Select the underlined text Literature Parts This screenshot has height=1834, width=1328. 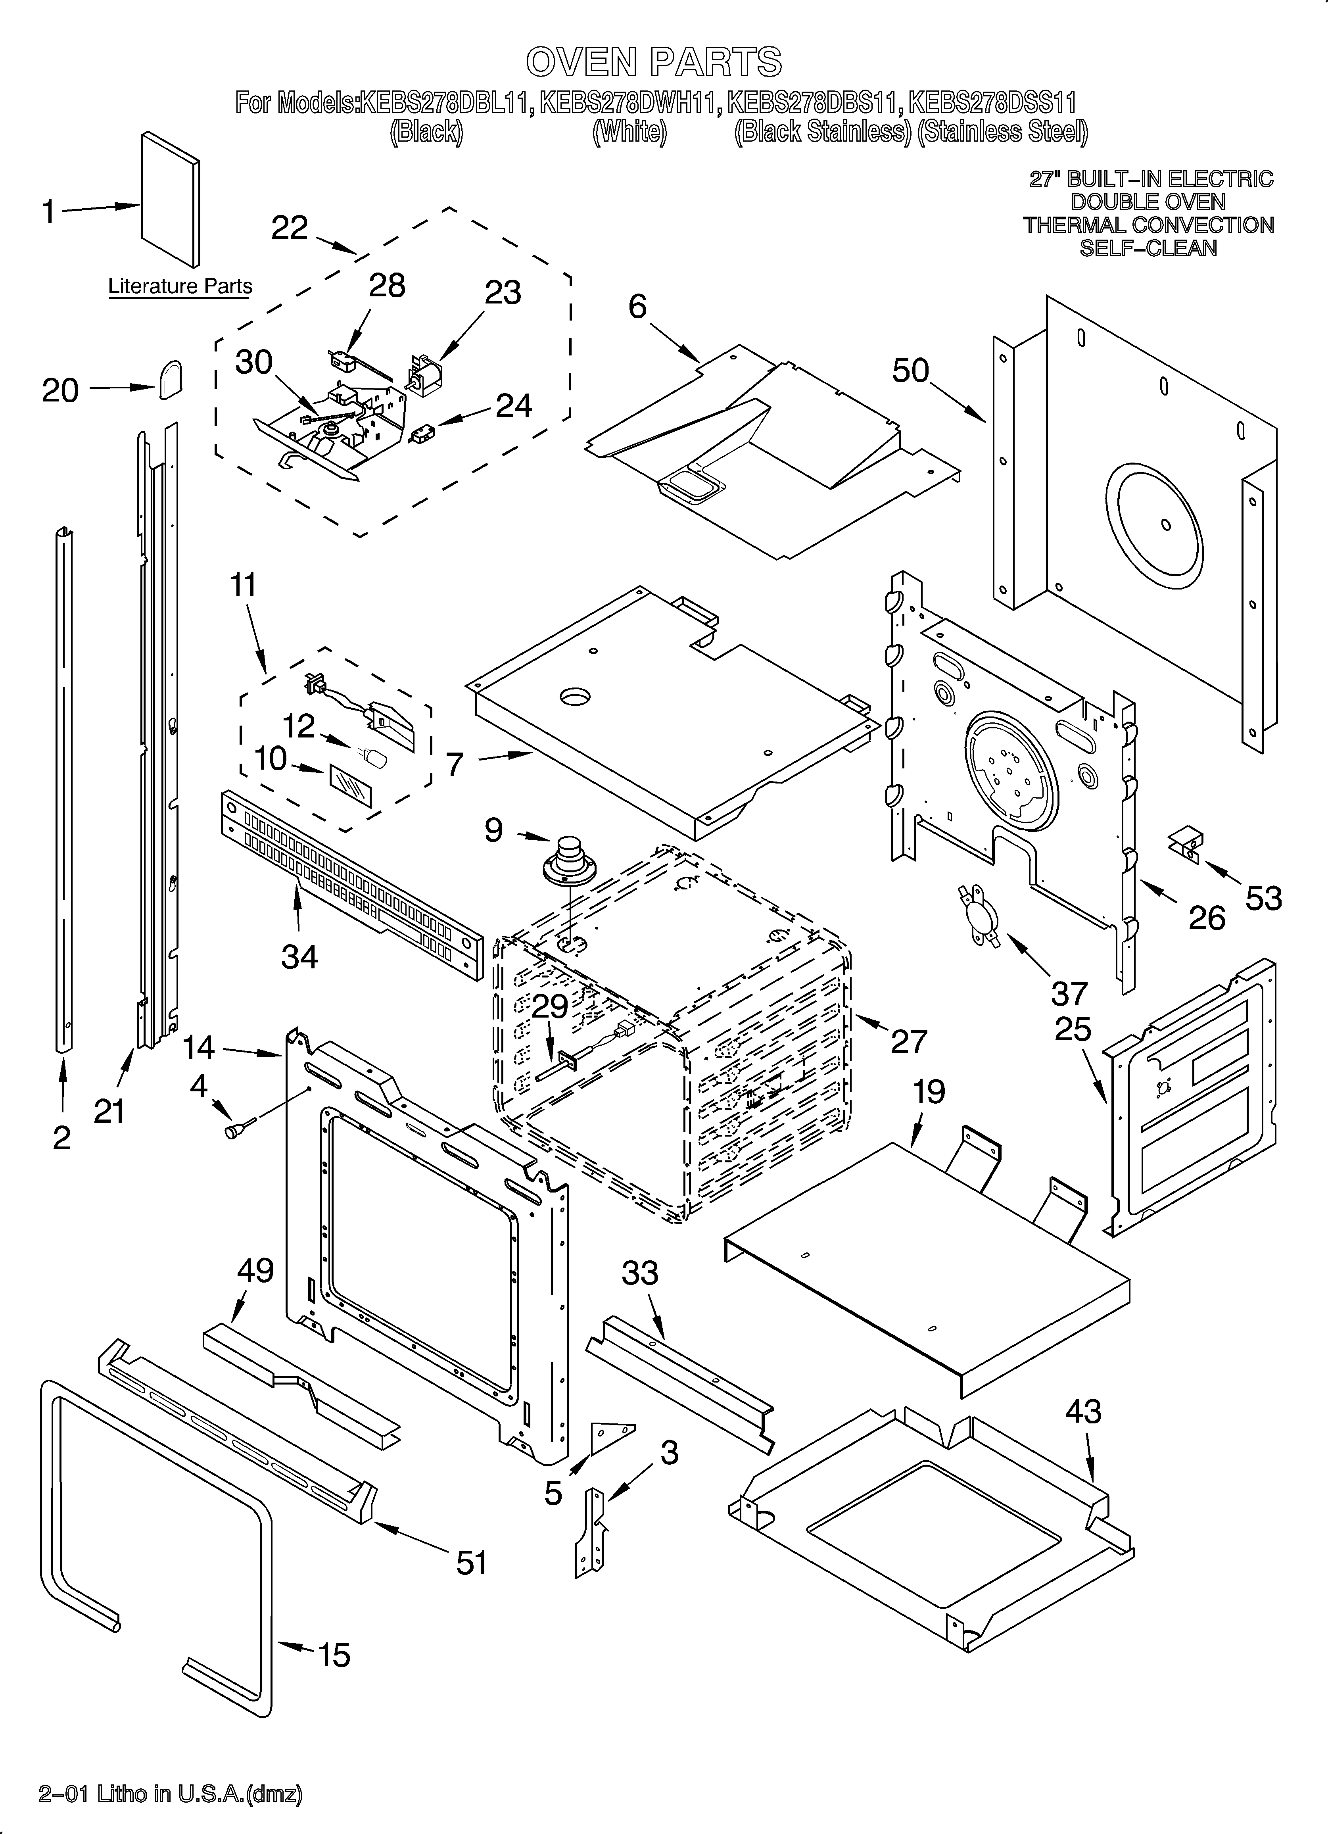(x=180, y=286)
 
